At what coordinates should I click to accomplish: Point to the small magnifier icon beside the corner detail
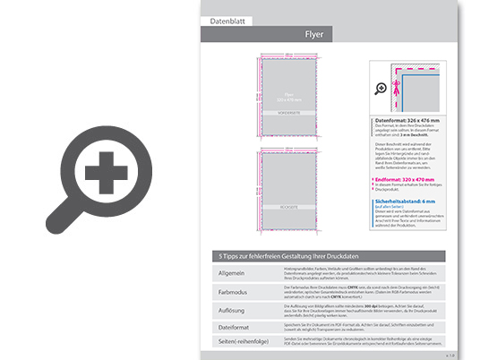382,87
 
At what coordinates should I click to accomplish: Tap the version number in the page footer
449,355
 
